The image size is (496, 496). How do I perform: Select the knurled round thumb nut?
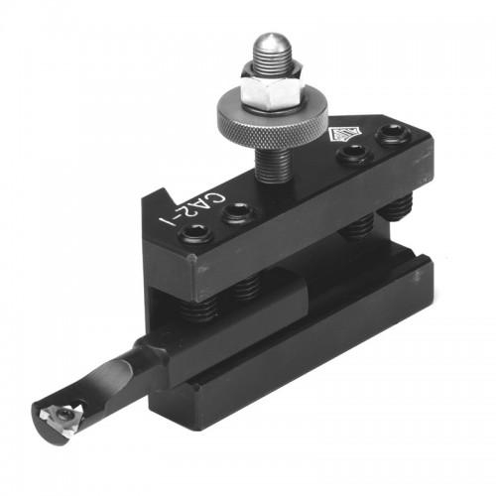point(272,120)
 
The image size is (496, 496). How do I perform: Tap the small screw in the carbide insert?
point(57,418)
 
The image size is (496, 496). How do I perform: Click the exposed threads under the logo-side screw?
point(359,231)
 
